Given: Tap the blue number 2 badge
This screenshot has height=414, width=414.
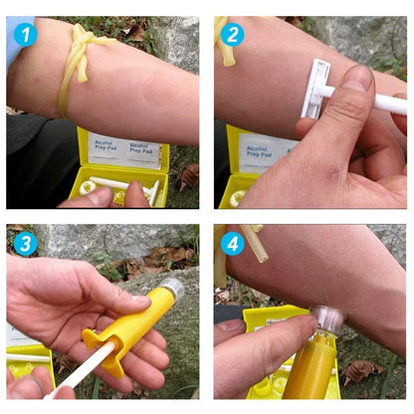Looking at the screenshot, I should [233, 35].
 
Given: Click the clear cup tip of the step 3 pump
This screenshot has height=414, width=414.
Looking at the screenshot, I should [171, 288].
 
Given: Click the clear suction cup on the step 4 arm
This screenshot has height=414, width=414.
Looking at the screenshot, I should [327, 319].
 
